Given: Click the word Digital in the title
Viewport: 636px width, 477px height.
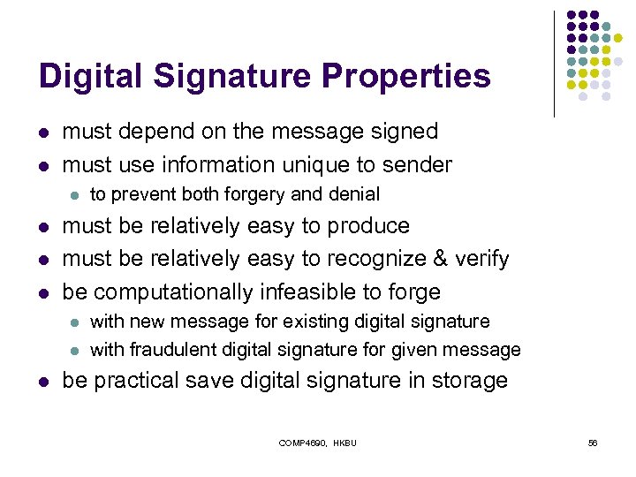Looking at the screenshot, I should click(x=87, y=76).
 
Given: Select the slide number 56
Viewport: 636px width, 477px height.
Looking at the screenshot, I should click(x=593, y=443).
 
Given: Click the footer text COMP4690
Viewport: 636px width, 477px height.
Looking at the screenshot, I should click(x=304, y=443).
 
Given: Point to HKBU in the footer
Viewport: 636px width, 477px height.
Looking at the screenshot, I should click(x=345, y=443).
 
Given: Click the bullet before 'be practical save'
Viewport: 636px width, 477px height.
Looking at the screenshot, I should click(x=44, y=382).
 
